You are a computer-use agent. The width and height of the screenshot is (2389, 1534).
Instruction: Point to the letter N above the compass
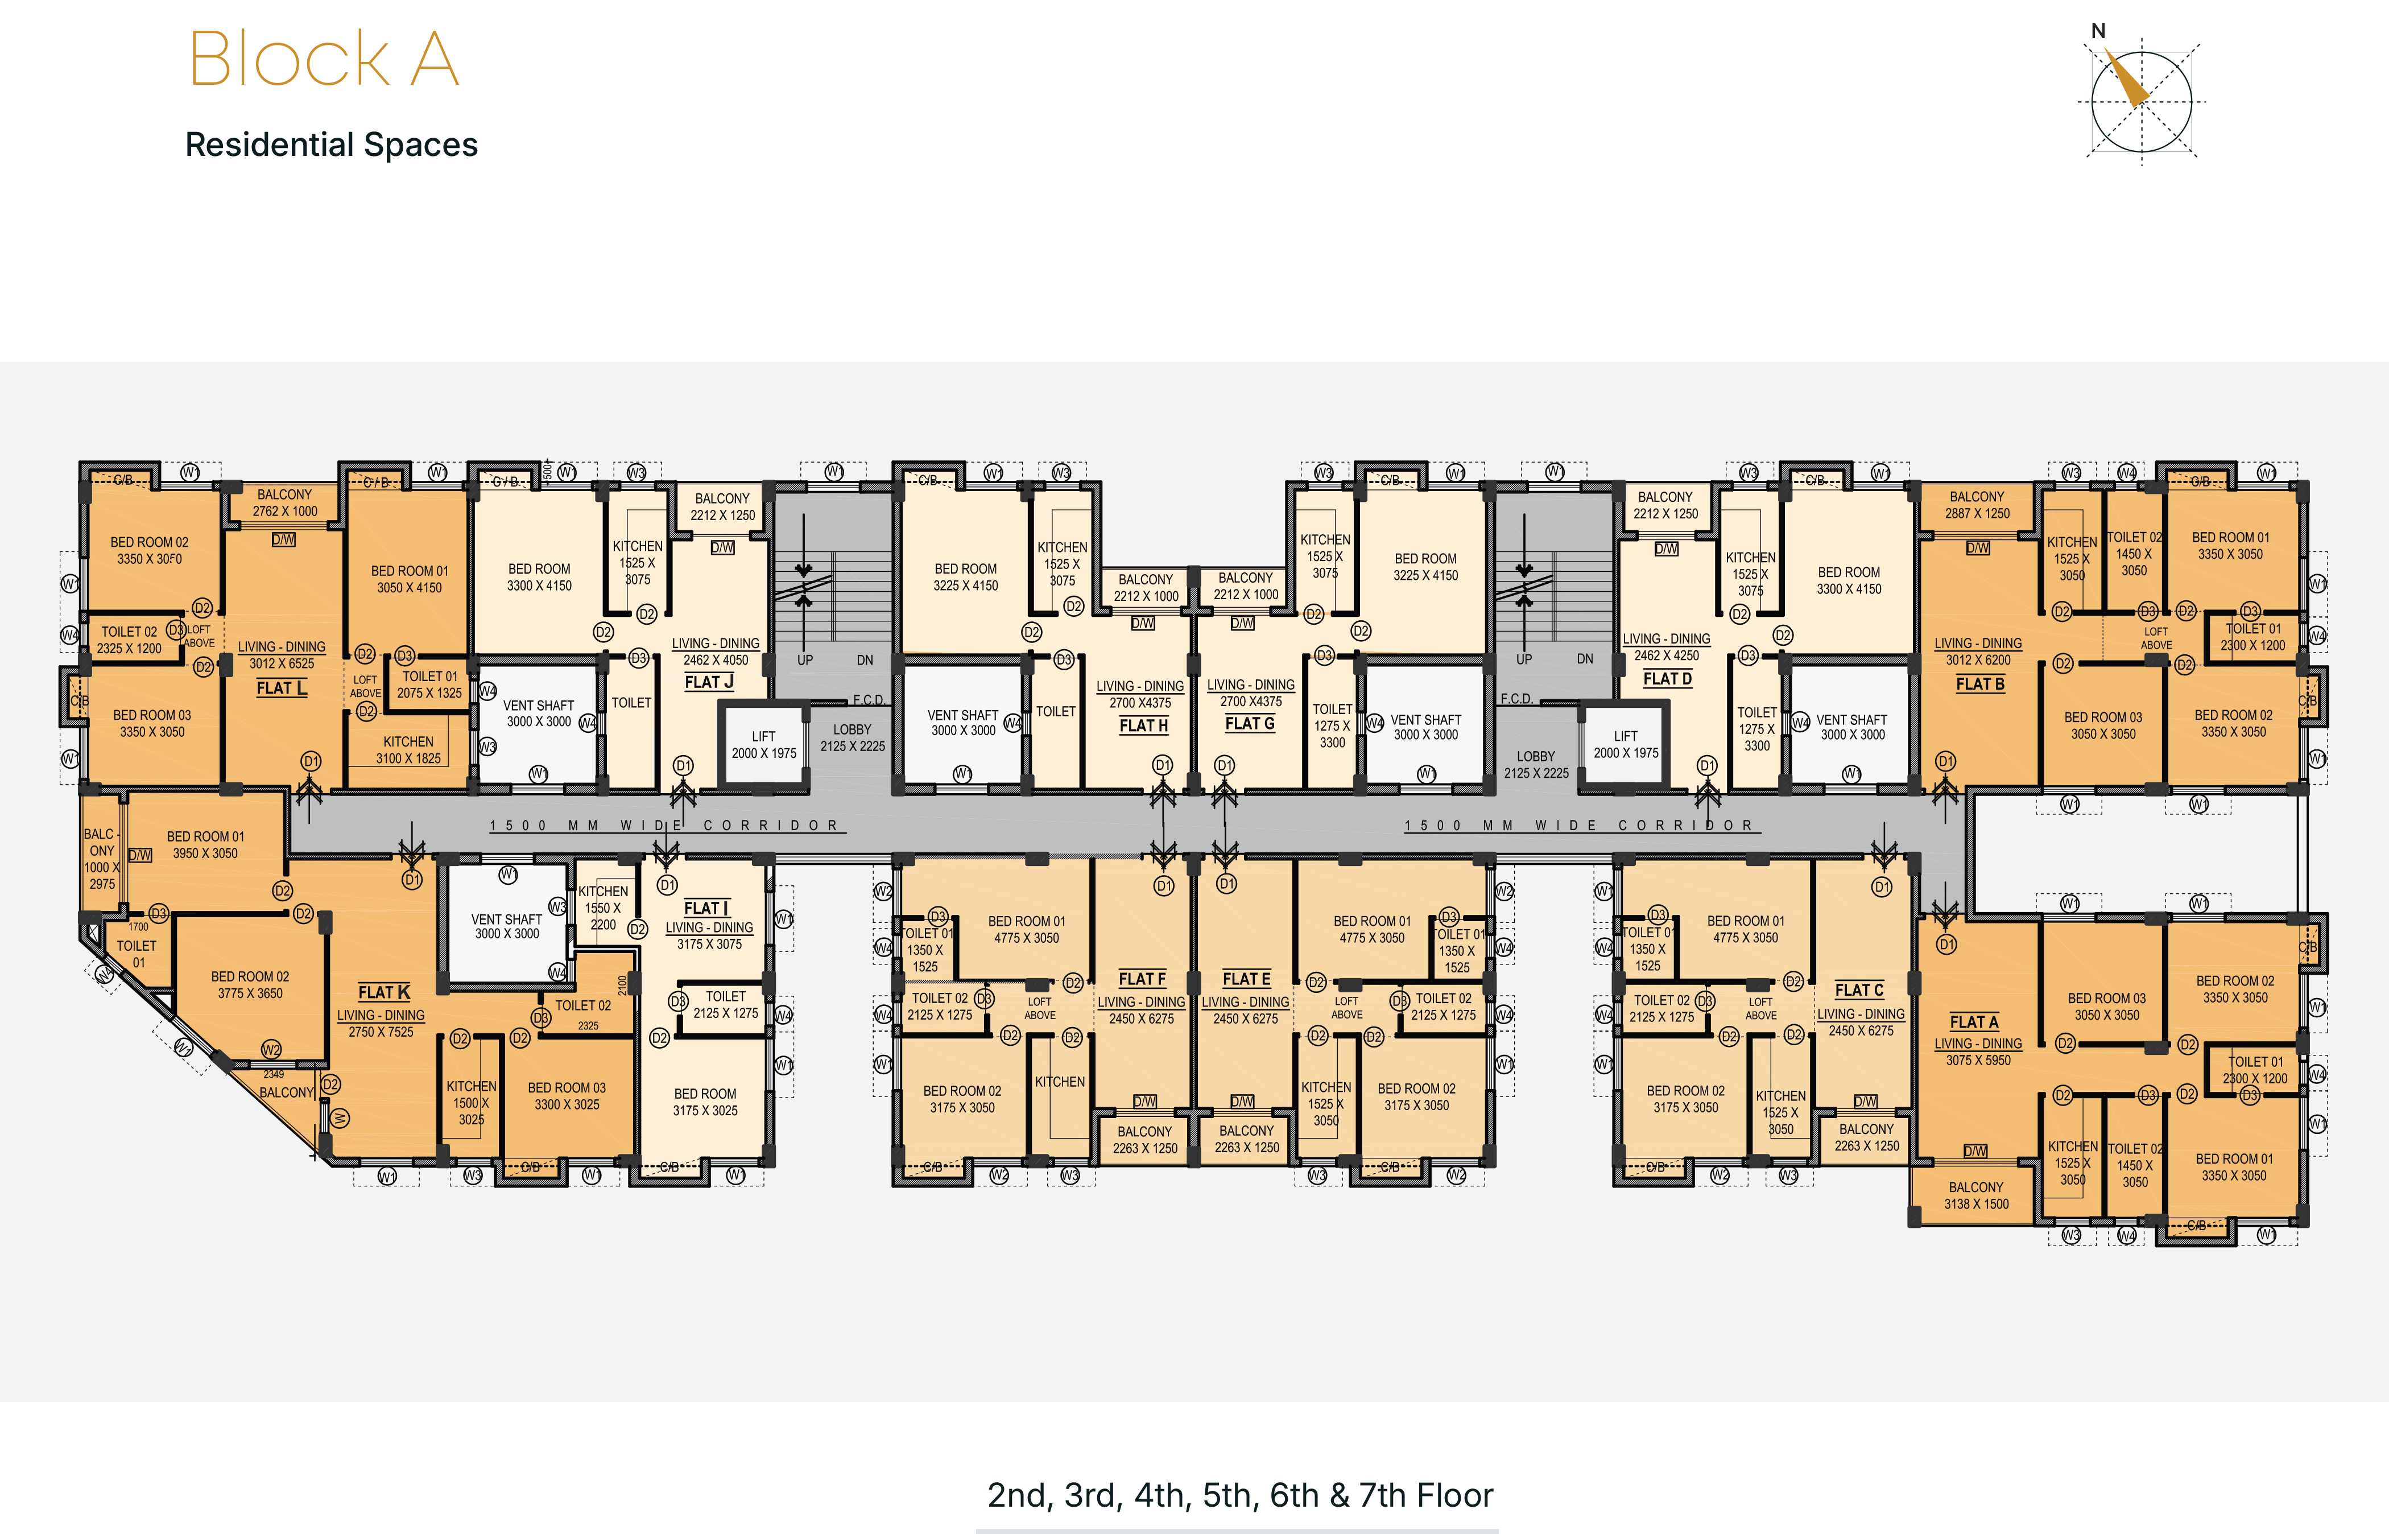pyautogui.click(x=2098, y=31)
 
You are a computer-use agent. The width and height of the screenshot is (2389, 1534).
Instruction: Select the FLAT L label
pyautogui.click(x=281, y=688)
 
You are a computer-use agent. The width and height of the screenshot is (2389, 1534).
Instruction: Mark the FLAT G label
pyautogui.click(x=1250, y=724)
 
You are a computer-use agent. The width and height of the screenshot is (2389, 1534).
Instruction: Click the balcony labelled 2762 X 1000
pyautogui.click(x=285, y=503)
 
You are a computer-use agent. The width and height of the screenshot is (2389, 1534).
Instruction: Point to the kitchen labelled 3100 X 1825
pyautogui.click(x=408, y=750)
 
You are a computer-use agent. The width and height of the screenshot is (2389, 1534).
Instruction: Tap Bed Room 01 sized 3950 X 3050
pyautogui.click(x=205, y=845)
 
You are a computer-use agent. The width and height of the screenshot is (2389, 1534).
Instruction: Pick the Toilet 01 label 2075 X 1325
pyautogui.click(x=429, y=684)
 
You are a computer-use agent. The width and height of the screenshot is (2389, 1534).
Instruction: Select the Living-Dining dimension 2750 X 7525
pyautogui.click(x=381, y=1032)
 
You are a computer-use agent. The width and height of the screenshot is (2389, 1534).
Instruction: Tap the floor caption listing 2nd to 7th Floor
pyautogui.click(x=1240, y=1495)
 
